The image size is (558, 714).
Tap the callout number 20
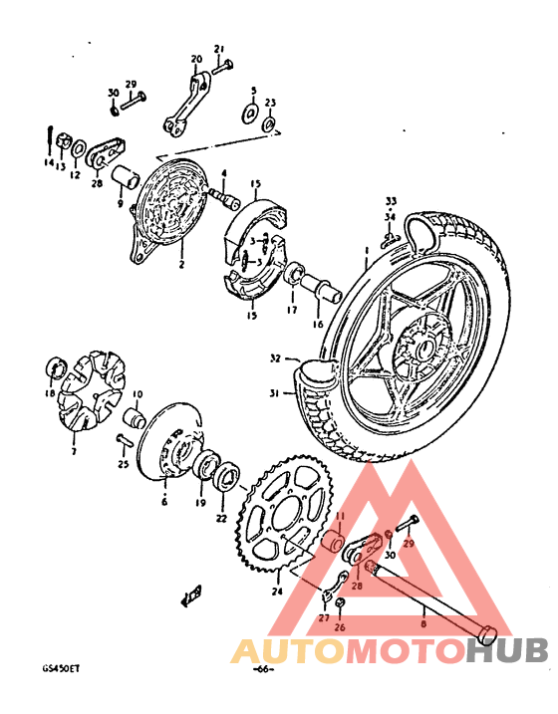(x=195, y=59)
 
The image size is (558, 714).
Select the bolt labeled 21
(x=222, y=66)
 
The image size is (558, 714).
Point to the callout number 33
(x=391, y=200)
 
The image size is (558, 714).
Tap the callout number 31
(x=275, y=391)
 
